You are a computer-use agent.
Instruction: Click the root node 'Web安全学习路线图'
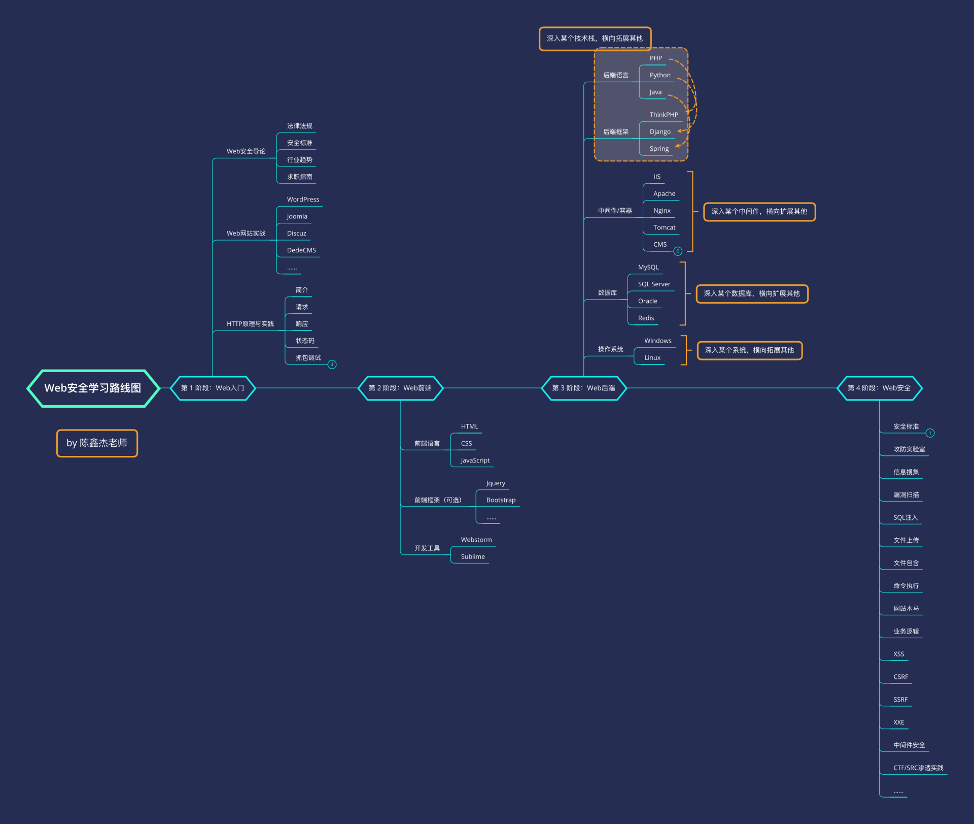[93, 388]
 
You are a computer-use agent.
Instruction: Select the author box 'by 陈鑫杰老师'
[97, 443]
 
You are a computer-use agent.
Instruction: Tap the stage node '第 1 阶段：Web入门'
[213, 388]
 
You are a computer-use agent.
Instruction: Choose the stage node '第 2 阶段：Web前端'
[400, 388]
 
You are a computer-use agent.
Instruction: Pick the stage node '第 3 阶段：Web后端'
[584, 388]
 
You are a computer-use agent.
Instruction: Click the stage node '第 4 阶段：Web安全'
[879, 388]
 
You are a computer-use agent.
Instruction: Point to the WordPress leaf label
[303, 200]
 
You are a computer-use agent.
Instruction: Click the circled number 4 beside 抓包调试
[332, 365]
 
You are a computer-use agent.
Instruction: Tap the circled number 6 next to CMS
[678, 251]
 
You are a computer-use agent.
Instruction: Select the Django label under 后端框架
[660, 132]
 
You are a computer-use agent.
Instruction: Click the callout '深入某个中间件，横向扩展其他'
[759, 212]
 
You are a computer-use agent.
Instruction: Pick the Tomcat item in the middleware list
[664, 228]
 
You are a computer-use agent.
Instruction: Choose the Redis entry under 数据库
[646, 318]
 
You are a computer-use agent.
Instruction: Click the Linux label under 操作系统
[652, 358]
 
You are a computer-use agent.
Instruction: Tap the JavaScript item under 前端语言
[475, 460]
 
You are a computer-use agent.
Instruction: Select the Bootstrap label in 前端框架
[501, 500]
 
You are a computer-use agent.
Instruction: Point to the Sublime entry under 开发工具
[473, 557]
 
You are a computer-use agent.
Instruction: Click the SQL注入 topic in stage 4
[906, 518]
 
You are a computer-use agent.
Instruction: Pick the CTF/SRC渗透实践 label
[918, 768]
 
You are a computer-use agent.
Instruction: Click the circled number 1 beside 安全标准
[930, 433]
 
